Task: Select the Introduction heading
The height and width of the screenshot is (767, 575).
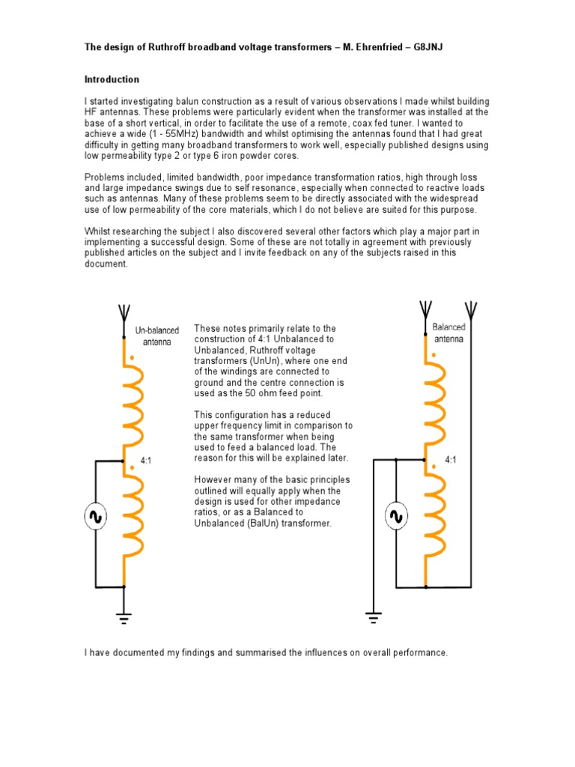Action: coord(112,79)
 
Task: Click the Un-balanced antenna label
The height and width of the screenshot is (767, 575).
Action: coord(153,336)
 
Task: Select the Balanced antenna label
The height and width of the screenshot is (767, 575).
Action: coord(448,333)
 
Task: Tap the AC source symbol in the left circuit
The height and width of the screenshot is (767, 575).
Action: coord(95,516)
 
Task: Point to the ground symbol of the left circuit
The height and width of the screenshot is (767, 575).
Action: coord(124,616)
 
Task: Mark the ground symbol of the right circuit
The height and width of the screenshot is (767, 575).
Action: coord(372,616)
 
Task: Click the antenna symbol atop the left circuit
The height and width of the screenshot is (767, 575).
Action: coord(124,312)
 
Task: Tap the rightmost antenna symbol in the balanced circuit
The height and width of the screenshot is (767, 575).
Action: coord(470,309)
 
